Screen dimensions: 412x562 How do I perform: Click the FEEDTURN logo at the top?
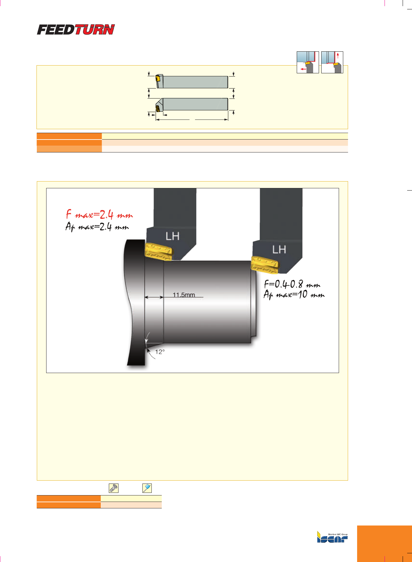[x=76, y=29]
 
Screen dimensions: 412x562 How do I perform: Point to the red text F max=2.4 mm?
[x=99, y=214]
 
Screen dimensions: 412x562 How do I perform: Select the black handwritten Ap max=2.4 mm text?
[x=97, y=227]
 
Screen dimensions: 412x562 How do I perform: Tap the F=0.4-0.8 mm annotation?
[x=292, y=284]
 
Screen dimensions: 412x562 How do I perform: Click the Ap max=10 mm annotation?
[x=294, y=295]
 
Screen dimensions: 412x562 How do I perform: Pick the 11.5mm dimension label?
[x=184, y=295]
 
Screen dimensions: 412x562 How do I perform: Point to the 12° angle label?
[x=160, y=352]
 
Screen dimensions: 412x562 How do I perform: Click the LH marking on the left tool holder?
[x=172, y=236]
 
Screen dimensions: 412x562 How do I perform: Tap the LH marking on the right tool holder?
[x=279, y=249]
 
